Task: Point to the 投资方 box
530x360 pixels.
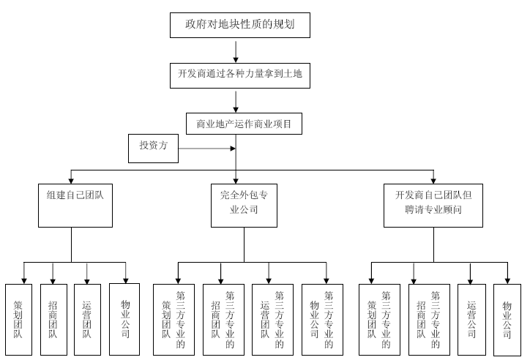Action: coord(153,146)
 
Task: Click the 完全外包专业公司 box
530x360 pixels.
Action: coord(238,205)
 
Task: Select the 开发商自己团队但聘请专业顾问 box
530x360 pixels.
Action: coord(433,205)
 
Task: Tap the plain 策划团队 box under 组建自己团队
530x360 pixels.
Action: coord(19,319)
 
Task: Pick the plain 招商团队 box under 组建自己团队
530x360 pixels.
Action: coord(53,319)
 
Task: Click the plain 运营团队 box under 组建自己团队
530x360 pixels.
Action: coord(87,319)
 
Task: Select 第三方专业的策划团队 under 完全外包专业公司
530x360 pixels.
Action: coord(173,319)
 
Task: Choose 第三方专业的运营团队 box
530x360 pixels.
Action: coord(272,319)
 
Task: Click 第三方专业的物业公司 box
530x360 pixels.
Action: coord(322,319)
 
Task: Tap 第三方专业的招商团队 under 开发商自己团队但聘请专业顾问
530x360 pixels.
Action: coord(428,319)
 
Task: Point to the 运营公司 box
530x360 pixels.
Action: coord(471,319)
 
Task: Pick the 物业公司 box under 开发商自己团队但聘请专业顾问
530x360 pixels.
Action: coord(507,319)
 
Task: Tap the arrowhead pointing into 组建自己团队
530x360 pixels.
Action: coord(71,179)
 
